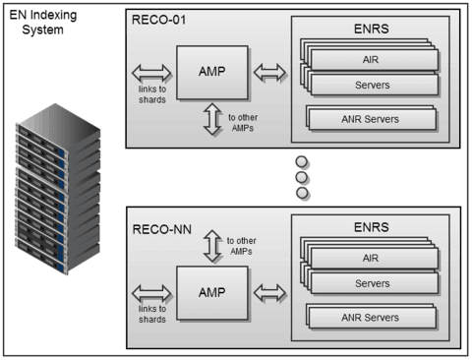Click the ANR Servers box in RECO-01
372,119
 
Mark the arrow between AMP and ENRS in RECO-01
270,71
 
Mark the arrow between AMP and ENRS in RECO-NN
270,291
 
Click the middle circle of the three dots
302,177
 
